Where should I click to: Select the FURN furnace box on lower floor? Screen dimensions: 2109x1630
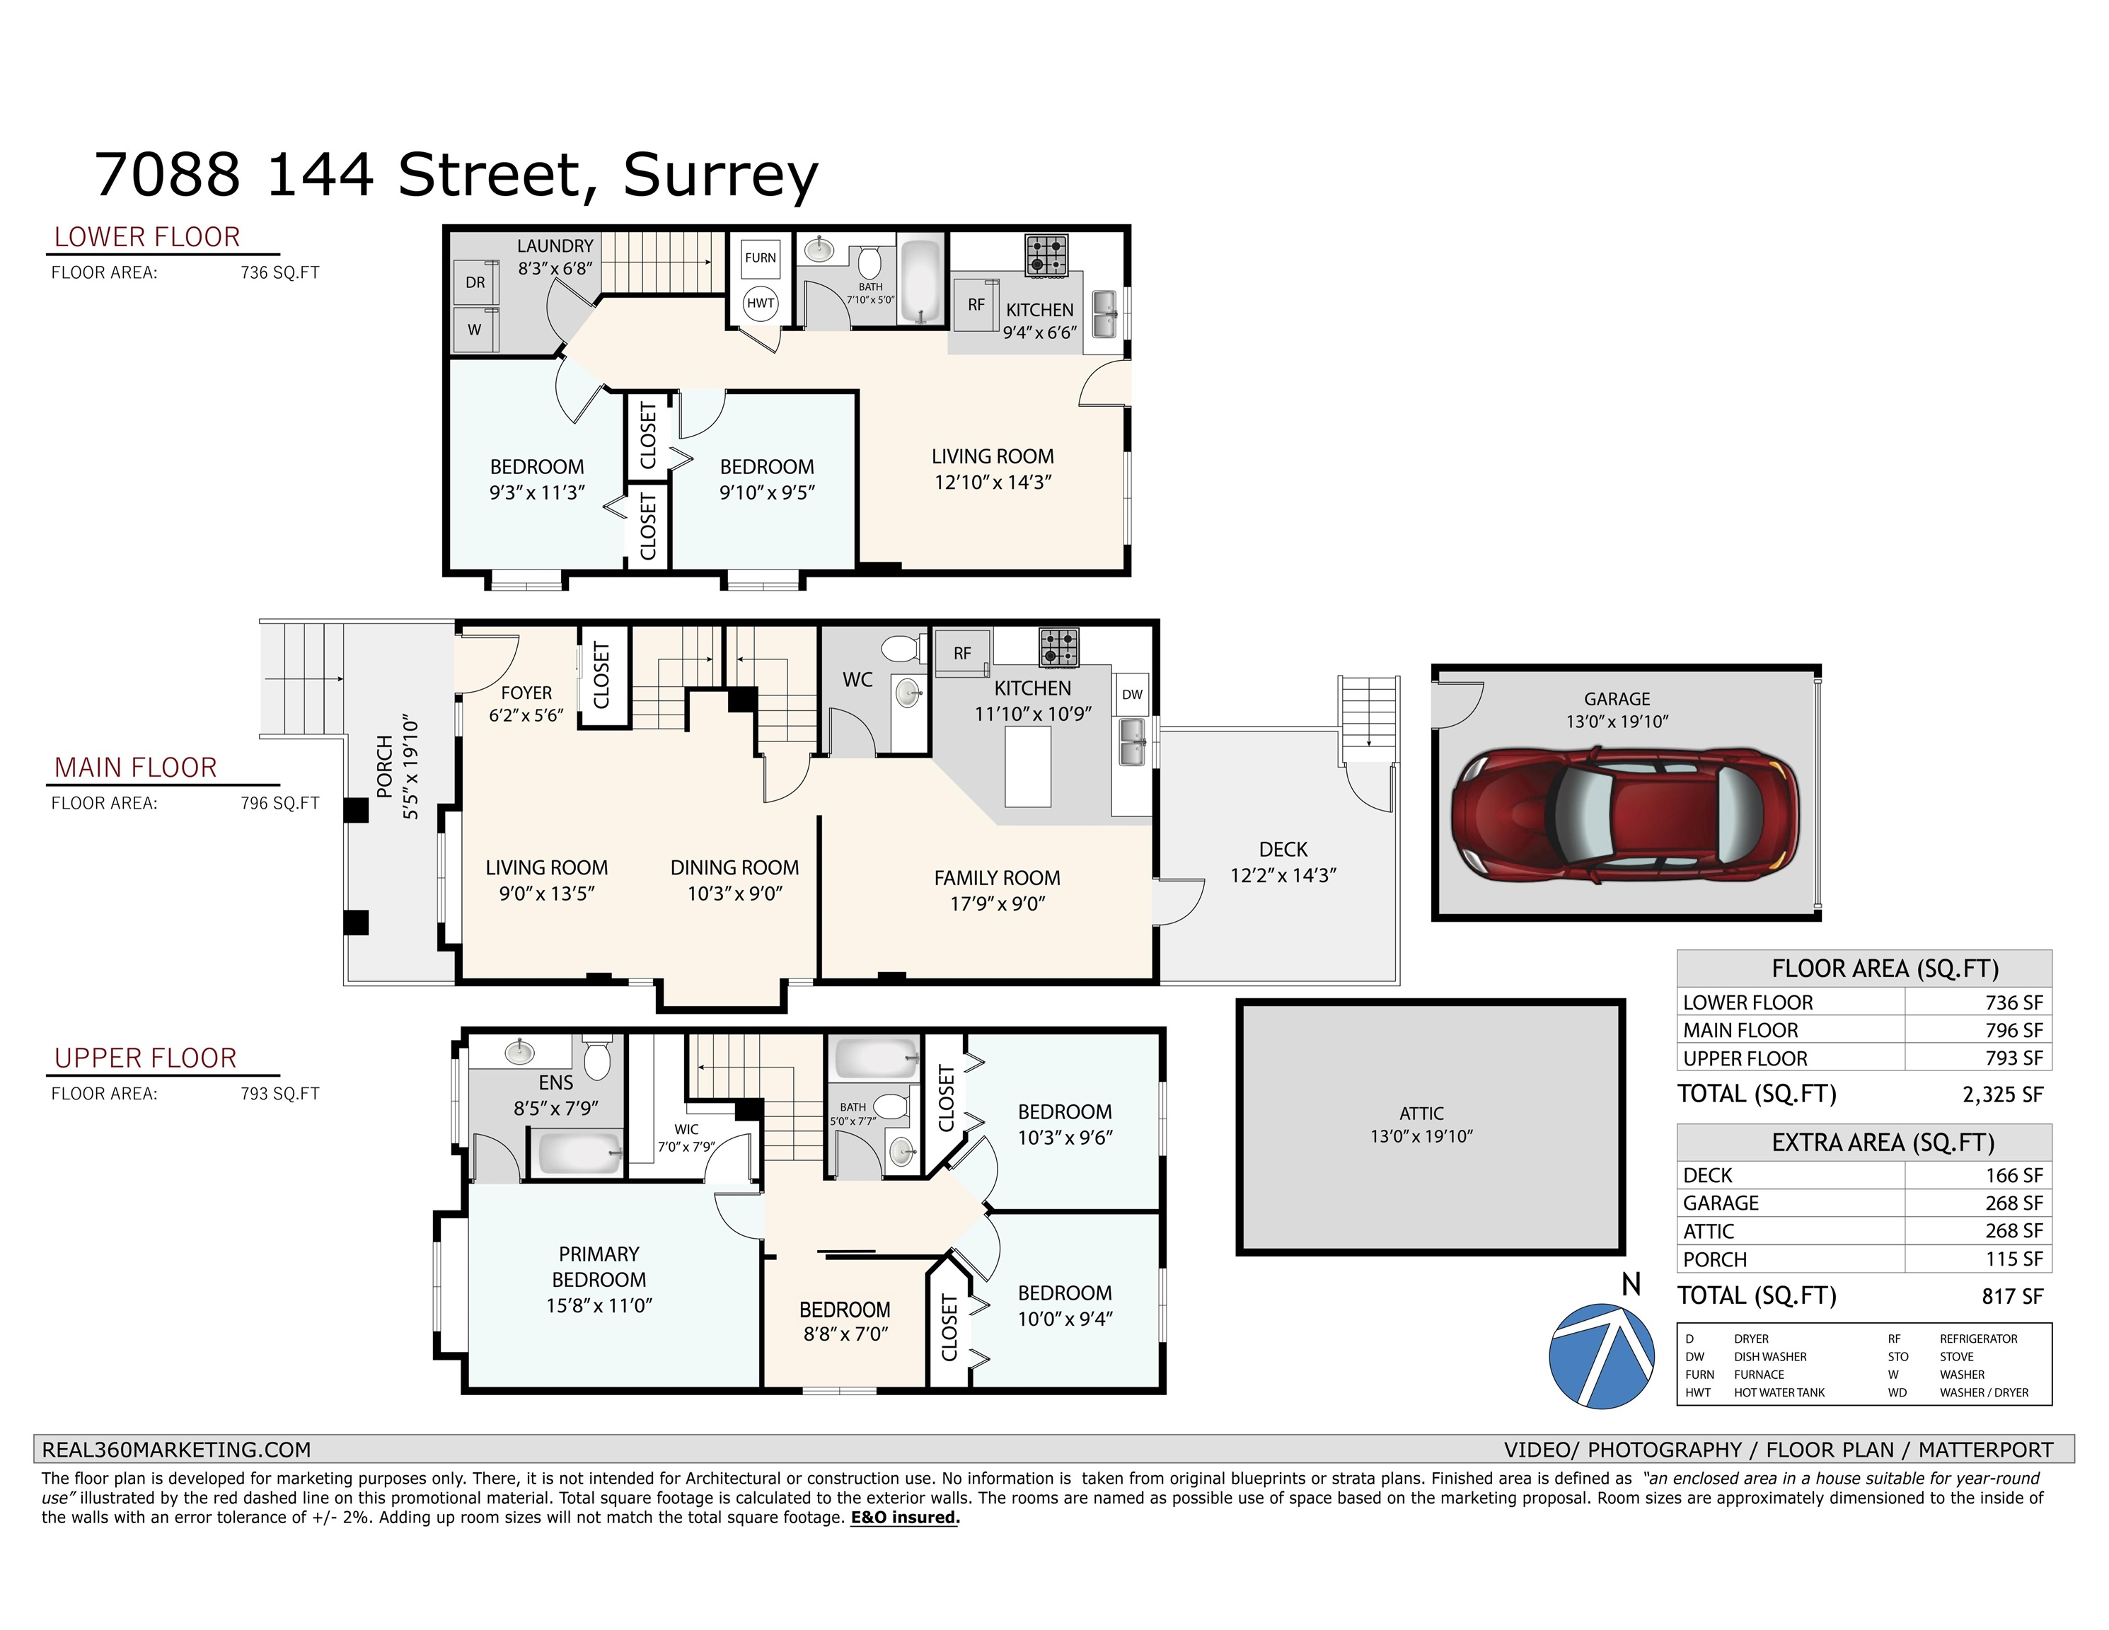(760, 258)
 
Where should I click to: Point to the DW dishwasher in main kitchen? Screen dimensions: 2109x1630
(1132, 694)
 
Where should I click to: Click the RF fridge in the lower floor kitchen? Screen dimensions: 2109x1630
(976, 304)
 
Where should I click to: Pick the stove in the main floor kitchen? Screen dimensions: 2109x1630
(1059, 647)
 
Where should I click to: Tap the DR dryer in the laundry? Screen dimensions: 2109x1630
(475, 283)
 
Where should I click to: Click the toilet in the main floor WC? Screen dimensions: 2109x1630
(901, 647)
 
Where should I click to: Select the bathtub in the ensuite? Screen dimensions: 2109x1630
(579, 1154)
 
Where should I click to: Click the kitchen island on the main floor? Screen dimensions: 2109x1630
(1027, 767)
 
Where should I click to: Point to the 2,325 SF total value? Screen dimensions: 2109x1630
(2003, 1094)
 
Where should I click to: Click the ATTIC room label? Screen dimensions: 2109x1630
(1421, 1114)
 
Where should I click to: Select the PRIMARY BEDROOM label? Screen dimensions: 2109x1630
(599, 1267)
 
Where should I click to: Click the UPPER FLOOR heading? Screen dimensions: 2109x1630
(145, 1058)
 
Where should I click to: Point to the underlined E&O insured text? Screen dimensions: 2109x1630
(905, 1517)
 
